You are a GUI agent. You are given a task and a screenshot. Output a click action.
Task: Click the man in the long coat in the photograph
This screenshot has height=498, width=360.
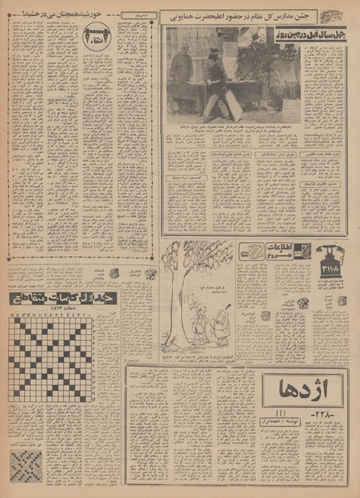click(x=182, y=79)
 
